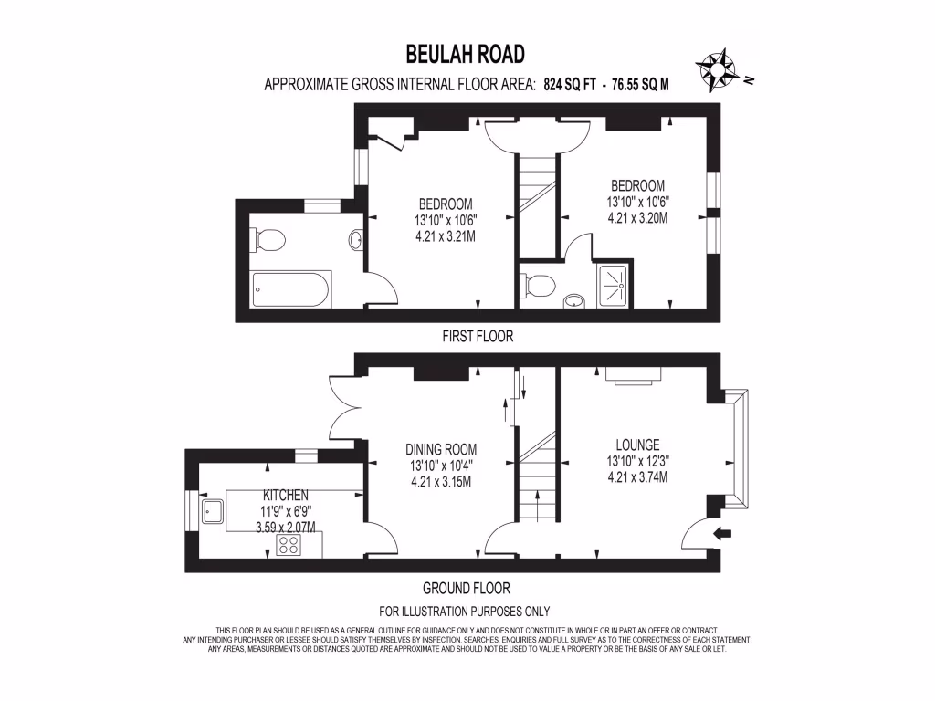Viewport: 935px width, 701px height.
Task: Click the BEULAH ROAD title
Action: (465, 54)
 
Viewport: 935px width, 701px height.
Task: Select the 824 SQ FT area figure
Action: (570, 85)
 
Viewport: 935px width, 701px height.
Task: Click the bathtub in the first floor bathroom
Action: (290, 289)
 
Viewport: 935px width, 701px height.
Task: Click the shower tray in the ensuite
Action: (613, 285)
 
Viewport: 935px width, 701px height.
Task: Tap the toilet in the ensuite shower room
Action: (538, 285)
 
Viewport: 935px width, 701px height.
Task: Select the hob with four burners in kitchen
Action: (289, 544)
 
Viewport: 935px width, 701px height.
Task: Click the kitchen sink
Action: (212, 511)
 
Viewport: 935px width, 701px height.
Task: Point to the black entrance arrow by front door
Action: (723, 533)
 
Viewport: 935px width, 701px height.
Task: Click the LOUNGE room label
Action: (637, 445)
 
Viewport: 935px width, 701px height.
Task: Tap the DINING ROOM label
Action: (441, 449)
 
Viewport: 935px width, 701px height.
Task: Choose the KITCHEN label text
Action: (286, 496)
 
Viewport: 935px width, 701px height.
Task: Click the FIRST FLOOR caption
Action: (478, 337)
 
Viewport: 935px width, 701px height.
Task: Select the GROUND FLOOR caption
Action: (467, 589)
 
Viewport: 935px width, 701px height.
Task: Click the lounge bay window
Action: (736, 449)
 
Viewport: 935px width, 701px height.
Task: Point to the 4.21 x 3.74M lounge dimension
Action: (637, 477)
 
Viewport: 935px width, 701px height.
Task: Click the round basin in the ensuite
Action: (574, 299)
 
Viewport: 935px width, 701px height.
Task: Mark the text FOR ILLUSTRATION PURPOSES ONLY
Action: (465, 612)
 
